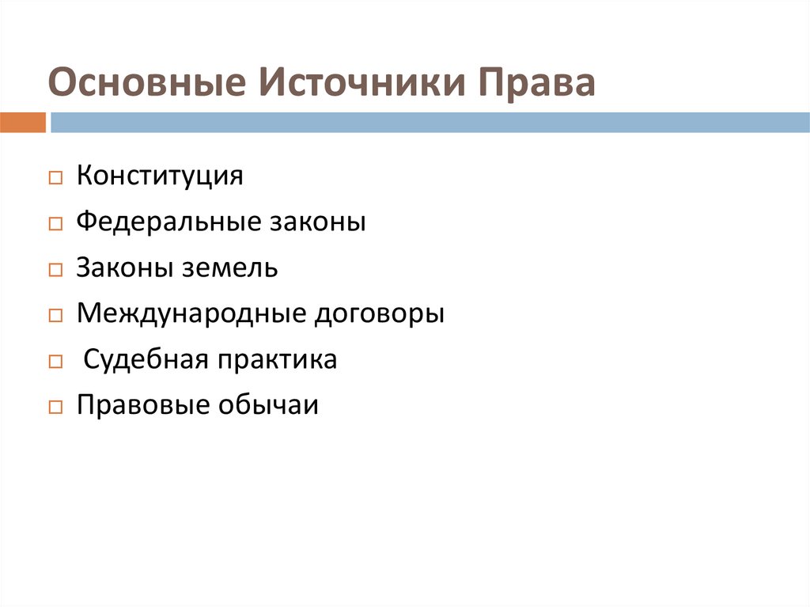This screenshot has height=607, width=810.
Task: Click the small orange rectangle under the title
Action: [x=23, y=123]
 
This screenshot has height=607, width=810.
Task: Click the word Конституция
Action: [x=160, y=176]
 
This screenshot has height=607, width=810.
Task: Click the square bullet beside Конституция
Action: [x=55, y=179]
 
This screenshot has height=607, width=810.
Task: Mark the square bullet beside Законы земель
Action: [x=55, y=271]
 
